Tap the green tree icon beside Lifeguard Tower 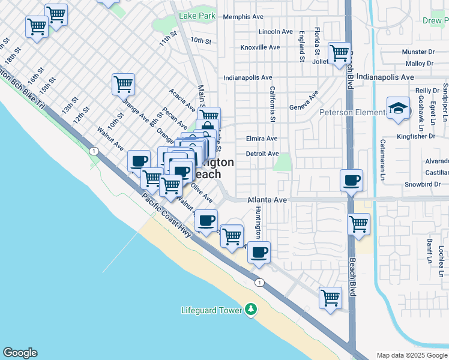click(x=251, y=310)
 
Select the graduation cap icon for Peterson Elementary click(x=398, y=109)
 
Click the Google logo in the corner click(x=19, y=353)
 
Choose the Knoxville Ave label click(x=260, y=47)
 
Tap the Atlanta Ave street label click(x=268, y=200)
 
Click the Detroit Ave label click(x=262, y=154)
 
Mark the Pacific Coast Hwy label click(x=166, y=214)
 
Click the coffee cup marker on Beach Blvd click(x=351, y=179)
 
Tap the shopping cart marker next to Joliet click(x=339, y=52)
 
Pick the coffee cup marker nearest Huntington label click(x=259, y=252)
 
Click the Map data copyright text click(x=412, y=355)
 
